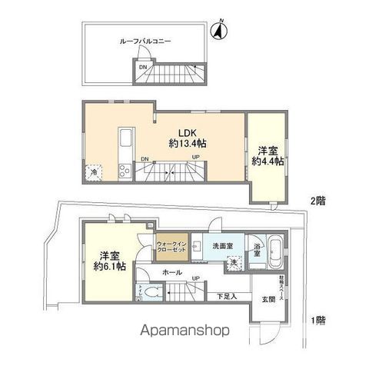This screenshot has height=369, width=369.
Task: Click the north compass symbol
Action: tap(218, 31)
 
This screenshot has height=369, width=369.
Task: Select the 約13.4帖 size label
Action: tap(187, 144)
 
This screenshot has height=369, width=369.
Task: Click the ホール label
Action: tap(173, 273)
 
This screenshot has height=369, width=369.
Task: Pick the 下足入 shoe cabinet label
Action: tap(225, 296)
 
